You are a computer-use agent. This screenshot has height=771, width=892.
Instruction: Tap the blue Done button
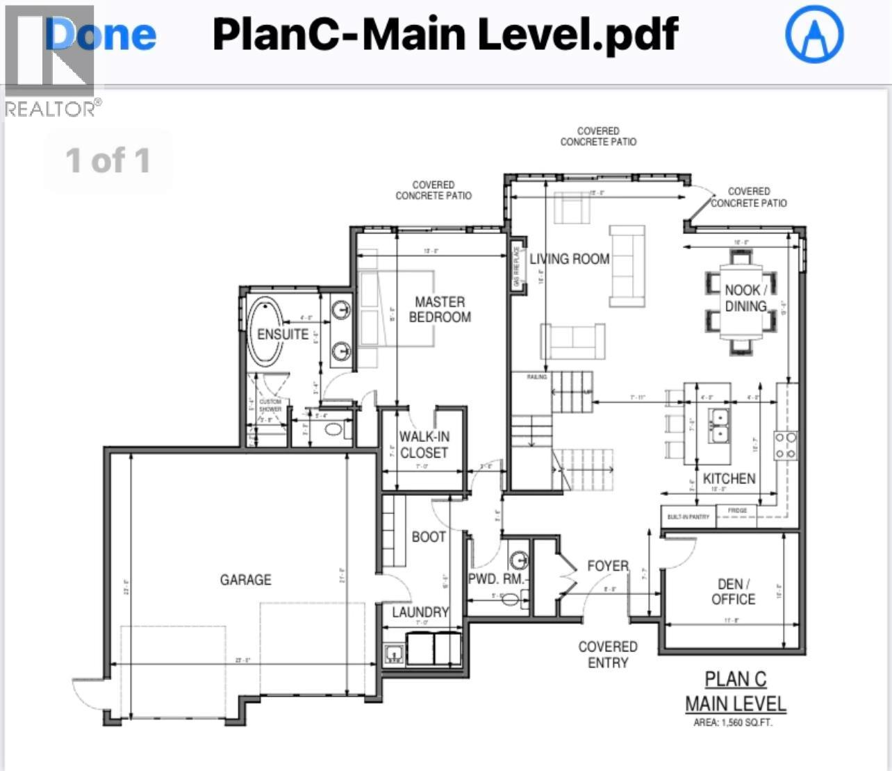tap(101, 35)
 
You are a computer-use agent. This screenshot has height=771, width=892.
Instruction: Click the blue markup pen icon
tap(813, 34)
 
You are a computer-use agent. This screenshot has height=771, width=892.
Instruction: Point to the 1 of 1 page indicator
tap(108, 160)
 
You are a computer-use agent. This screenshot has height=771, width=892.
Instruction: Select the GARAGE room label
tap(245, 579)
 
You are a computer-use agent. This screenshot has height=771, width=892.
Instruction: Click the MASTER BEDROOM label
tap(440, 310)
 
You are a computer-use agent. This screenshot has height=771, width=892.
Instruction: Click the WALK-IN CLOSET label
tap(424, 445)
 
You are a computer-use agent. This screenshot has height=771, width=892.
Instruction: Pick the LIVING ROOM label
tap(570, 259)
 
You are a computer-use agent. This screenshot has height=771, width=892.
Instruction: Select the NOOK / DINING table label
tap(745, 298)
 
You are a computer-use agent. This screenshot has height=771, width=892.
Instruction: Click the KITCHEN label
tap(729, 479)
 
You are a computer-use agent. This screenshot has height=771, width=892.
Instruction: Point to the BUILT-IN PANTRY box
tap(688, 517)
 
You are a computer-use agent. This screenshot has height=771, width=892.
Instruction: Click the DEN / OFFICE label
tap(733, 592)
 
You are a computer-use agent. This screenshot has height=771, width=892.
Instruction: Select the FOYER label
tap(608, 566)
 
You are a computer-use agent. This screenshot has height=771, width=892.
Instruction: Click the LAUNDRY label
tap(420, 612)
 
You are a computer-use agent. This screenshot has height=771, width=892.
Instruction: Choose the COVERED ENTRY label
tap(608, 654)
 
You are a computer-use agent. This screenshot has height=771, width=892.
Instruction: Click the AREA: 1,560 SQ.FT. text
tap(732, 722)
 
